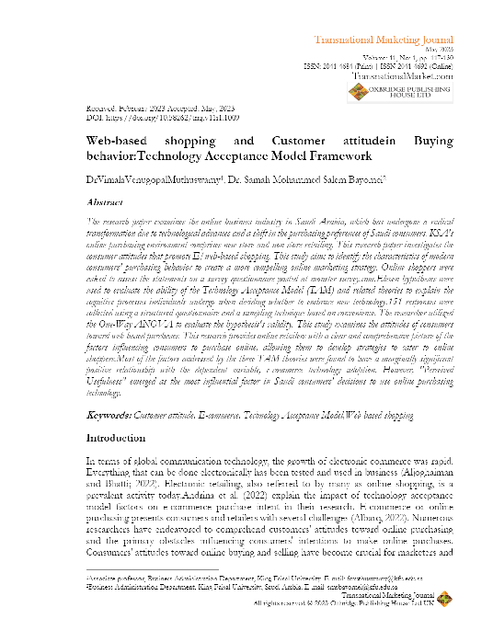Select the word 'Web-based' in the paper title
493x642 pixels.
115,141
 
